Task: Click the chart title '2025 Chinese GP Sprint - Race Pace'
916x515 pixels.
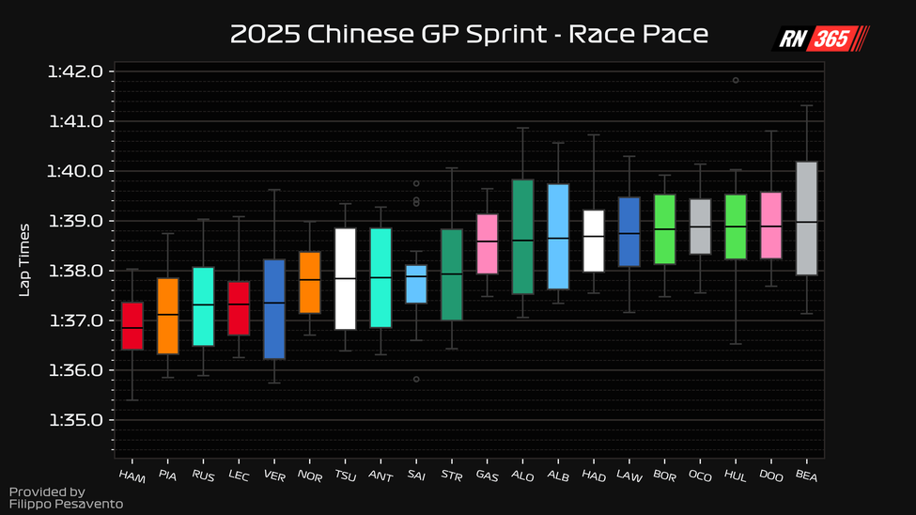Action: point(469,35)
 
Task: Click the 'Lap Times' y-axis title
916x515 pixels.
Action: point(25,259)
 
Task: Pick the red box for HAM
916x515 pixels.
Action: point(132,326)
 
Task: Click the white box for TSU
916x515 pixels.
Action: point(346,279)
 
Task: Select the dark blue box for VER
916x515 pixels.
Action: point(274,309)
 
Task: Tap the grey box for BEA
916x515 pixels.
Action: point(806,218)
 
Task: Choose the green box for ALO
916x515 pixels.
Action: point(523,237)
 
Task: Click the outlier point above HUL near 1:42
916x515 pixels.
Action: point(736,81)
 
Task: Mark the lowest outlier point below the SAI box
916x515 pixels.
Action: point(416,379)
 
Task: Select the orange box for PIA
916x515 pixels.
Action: point(168,316)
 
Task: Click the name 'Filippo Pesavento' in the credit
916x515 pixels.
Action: point(66,505)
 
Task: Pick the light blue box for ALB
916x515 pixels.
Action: point(558,237)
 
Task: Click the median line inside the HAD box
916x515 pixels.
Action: point(594,237)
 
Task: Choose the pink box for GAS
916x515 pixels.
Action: point(488,244)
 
